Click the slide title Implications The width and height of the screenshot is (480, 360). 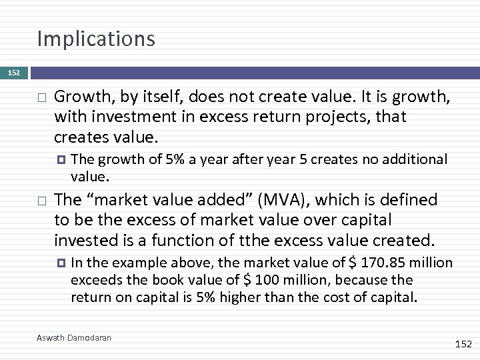tap(96, 39)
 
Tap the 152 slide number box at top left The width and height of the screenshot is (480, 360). tap(14, 73)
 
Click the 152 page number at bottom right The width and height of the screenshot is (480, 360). tap(463, 343)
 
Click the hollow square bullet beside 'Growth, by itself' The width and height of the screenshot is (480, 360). tap(41, 98)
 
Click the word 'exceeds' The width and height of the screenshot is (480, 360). tap(93, 280)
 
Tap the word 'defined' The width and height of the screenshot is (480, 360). tap(411, 199)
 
